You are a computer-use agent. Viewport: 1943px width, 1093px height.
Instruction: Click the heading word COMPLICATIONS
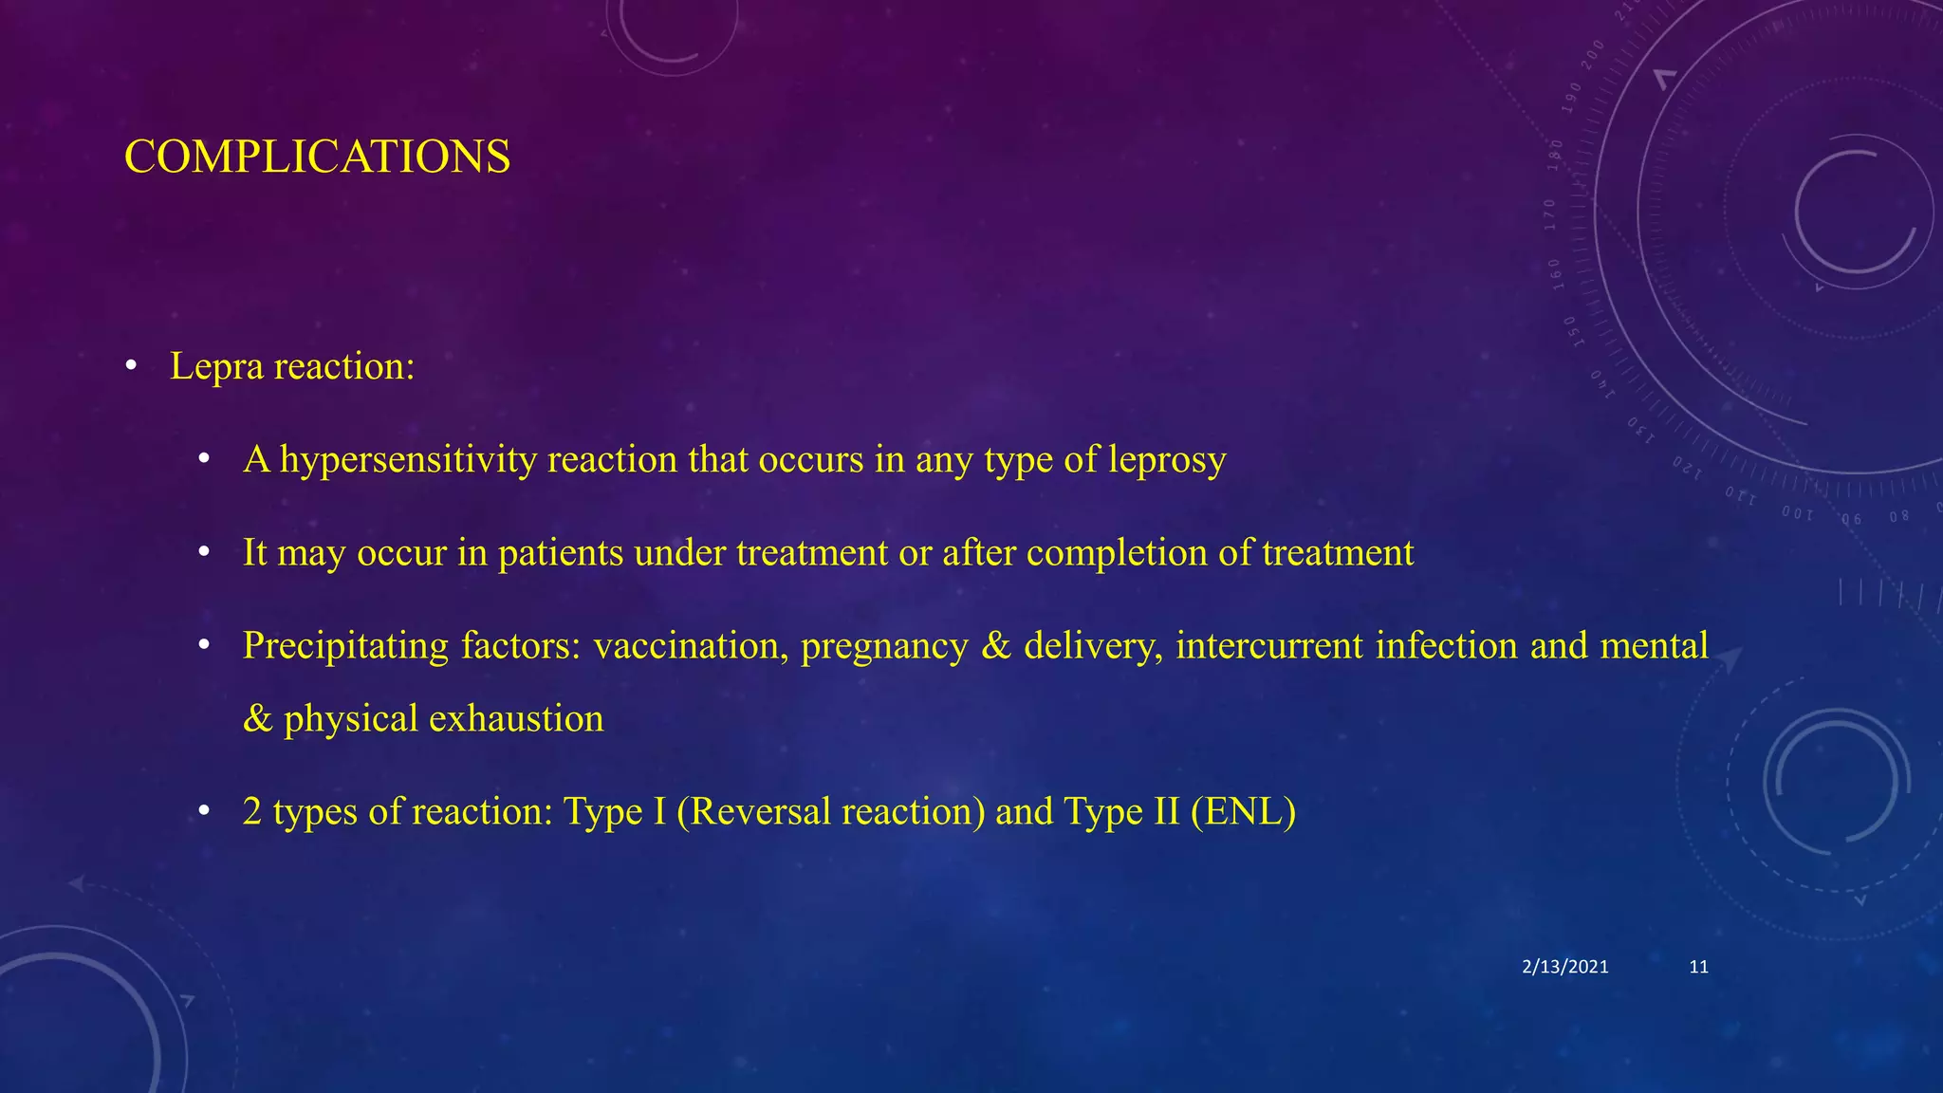coord(317,157)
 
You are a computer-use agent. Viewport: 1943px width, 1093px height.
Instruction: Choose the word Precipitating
coord(345,646)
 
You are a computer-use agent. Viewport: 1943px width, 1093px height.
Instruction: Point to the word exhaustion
coord(516,719)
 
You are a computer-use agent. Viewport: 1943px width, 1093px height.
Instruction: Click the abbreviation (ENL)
coord(1243,812)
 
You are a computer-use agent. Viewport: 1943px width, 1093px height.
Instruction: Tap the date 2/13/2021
coord(1564,967)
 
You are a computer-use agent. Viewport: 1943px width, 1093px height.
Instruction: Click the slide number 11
coord(1699,967)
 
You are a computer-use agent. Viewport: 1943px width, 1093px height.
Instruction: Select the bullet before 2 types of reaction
coord(204,812)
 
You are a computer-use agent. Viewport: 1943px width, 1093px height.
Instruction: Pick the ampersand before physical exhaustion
coord(257,719)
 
